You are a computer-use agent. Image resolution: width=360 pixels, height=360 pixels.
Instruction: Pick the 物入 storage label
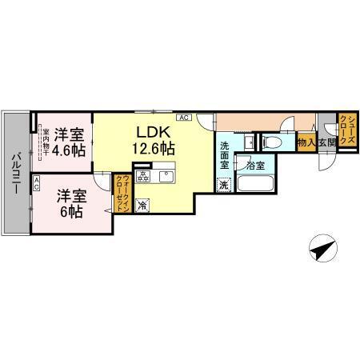coord(305,143)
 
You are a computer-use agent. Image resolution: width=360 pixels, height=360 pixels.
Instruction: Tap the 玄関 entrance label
coord(326,143)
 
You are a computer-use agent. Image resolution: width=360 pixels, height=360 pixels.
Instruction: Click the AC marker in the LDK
coord(183,118)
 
